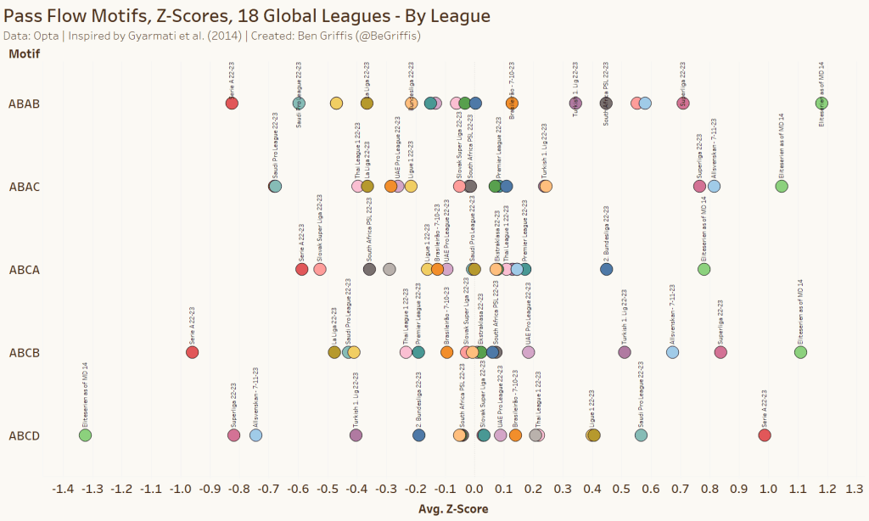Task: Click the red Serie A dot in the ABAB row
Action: point(232,104)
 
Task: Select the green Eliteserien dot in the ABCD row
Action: point(85,435)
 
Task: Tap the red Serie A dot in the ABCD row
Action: point(764,435)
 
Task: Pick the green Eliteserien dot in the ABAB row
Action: point(821,104)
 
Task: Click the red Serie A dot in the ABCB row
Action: point(193,352)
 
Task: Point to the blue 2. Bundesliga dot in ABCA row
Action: point(606,269)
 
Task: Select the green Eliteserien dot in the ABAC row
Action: point(782,187)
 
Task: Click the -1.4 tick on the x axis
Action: point(63,489)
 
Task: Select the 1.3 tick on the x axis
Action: point(855,489)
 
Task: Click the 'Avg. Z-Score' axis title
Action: point(453,509)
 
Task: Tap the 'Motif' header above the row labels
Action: point(24,53)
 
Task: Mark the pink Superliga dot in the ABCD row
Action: point(234,435)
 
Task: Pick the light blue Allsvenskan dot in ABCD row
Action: point(255,435)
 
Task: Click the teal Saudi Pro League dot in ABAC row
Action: point(276,187)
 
